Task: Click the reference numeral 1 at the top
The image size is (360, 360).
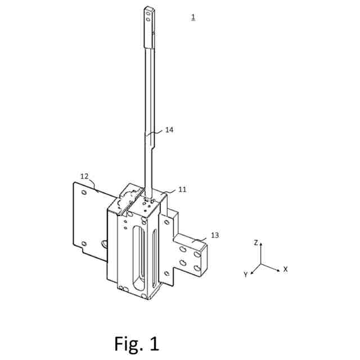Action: tap(193, 17)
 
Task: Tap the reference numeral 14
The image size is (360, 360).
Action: tap(169, 130)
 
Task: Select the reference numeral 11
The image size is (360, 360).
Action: tap(182, 190)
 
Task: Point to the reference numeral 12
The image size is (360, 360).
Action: tap(84, 176)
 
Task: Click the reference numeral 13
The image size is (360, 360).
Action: tap(215, 235)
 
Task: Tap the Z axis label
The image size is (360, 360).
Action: tap(256, 243)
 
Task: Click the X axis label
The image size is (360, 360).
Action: tap(285, 269)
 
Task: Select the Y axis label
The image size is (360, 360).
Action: tap(246, 274)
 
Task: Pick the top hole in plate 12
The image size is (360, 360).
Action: tap(84, 192)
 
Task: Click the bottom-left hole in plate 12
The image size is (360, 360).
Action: tap(84, 243)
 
